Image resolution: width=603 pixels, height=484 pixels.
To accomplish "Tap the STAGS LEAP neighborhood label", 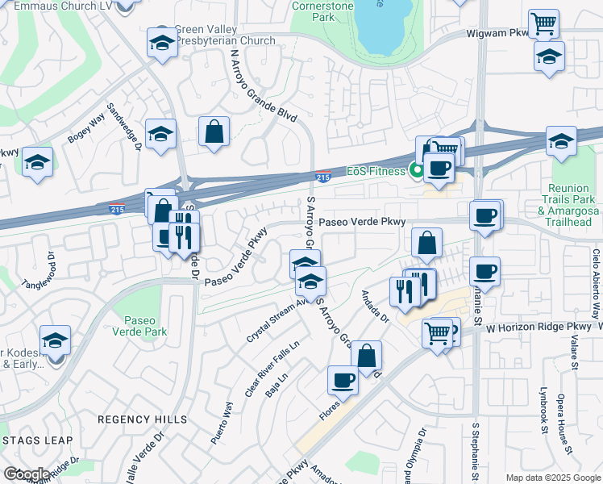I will pos(37,440).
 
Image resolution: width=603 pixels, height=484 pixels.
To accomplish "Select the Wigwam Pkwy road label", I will pos(496,34).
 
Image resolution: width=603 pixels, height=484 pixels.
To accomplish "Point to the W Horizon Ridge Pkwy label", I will pos(539,327).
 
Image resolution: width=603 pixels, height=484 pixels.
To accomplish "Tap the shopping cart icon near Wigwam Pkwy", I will pos(544,23).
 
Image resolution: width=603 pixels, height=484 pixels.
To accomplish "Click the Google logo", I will pos(26,474).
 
